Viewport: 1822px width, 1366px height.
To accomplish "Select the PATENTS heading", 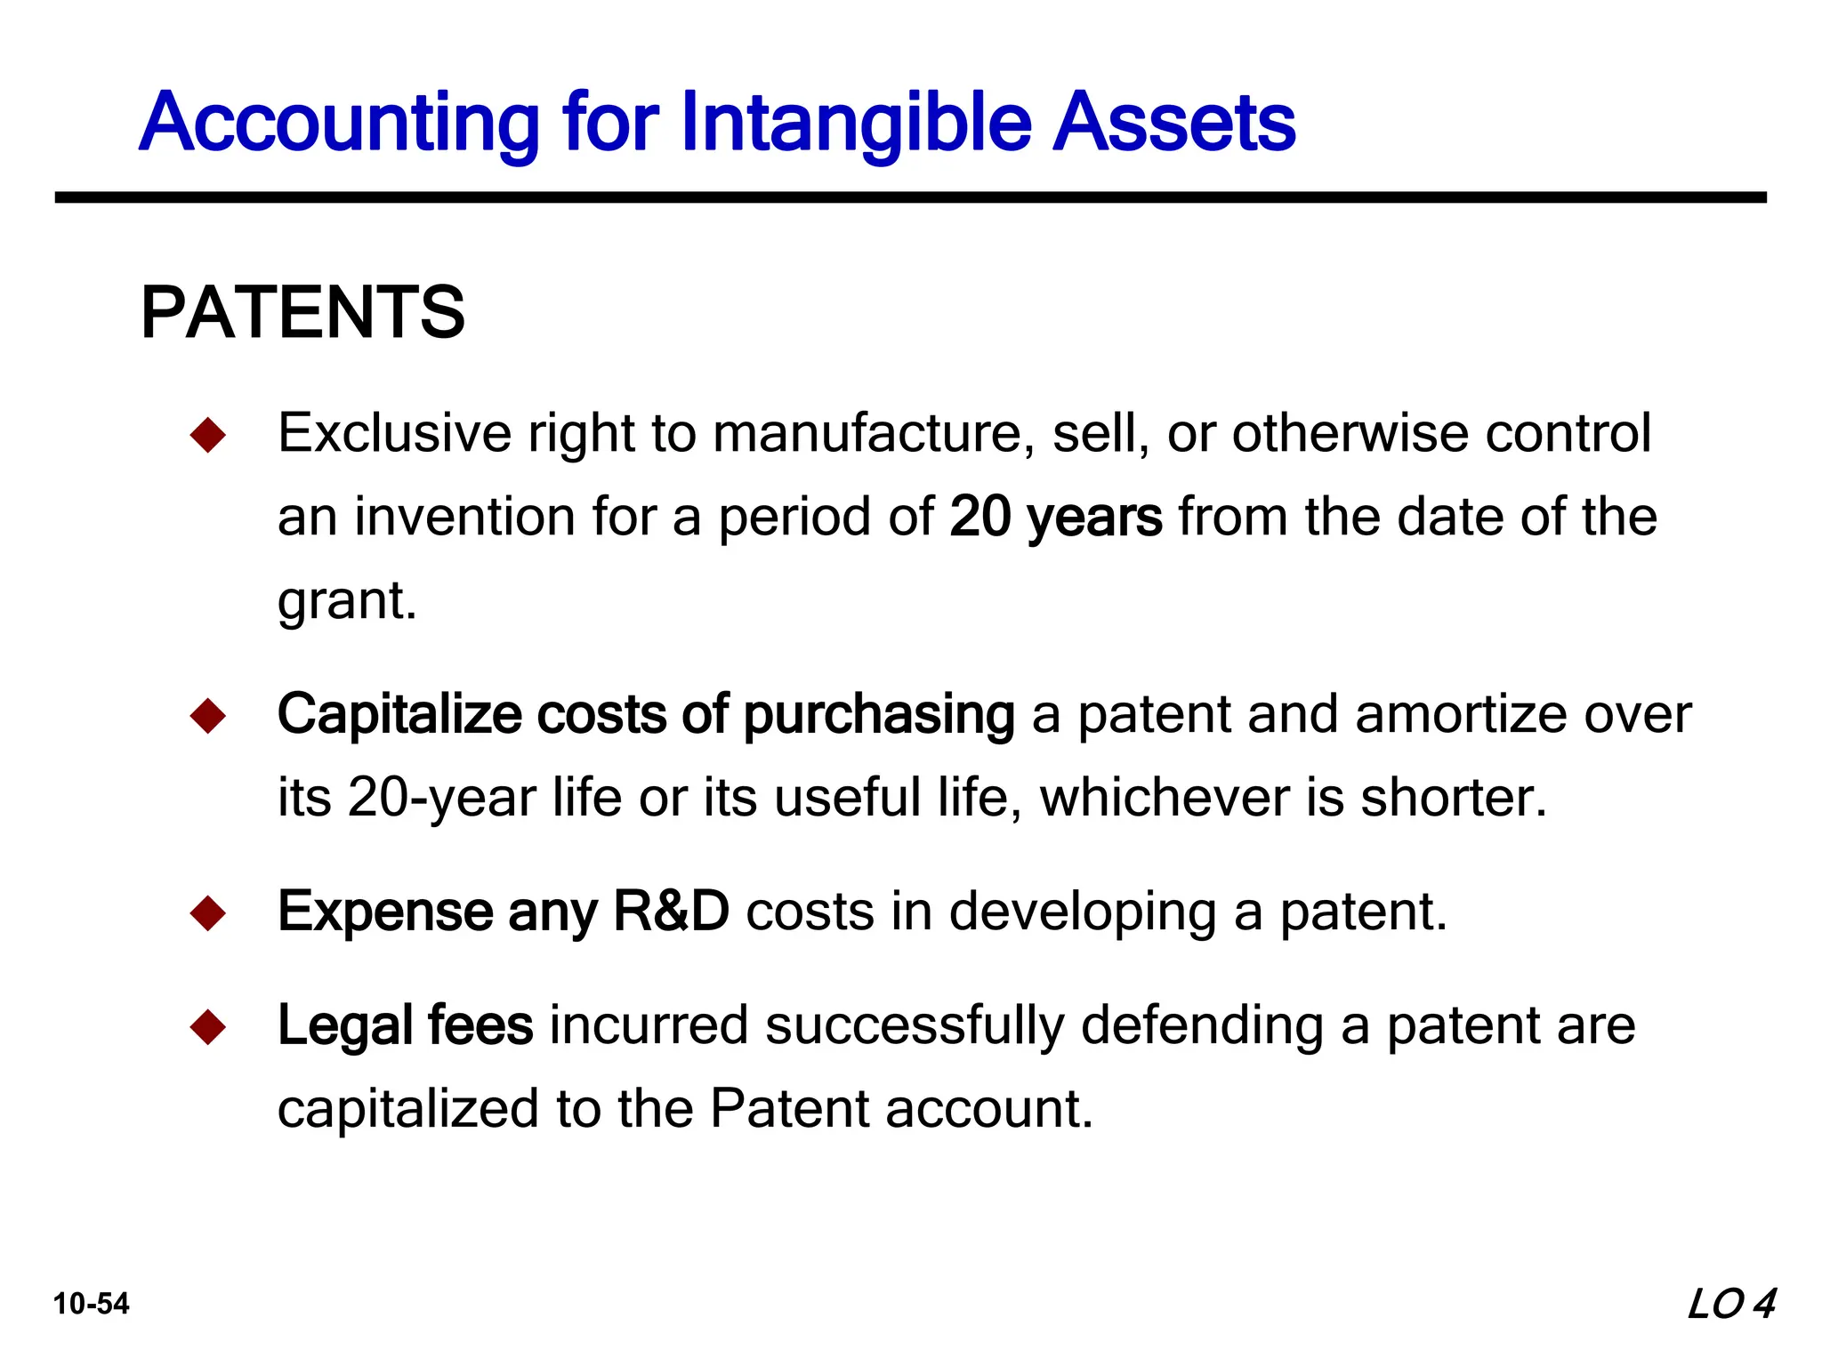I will click(302, 312).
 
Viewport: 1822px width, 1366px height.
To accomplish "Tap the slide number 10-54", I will click(92, 1304).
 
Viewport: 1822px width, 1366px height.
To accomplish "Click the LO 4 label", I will click(1731, 1304).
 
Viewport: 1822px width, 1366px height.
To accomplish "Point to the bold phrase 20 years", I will click(1055, 517).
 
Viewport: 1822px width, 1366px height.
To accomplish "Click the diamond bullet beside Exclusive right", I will click(208, 435).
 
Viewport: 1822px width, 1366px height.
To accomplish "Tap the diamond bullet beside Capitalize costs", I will click(208, 716).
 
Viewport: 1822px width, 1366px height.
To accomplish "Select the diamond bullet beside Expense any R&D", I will click(208, 913).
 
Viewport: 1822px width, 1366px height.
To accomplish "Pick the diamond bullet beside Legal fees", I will click(208, 1027).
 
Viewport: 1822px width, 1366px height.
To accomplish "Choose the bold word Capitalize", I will click(399, 714).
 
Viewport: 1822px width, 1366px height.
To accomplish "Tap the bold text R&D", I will click(672, 912).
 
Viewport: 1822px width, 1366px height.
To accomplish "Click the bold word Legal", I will click(343, 1025).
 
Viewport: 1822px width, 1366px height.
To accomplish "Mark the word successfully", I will click(915, 1025).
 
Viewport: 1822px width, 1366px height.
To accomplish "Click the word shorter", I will click(1453, 797).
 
